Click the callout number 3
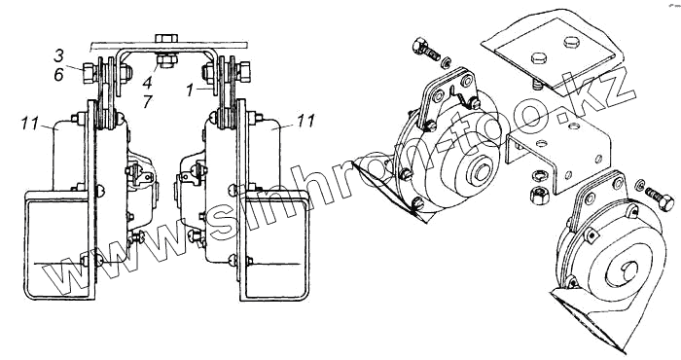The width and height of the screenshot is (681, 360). pos(58,55)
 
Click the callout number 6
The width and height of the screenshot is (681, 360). pos(58,75)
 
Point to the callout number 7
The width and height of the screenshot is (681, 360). pos(147,101)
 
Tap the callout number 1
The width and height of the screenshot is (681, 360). pos(190,90)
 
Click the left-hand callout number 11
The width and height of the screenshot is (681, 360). pos(30,124)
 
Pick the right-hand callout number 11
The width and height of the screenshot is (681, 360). pos(306,121)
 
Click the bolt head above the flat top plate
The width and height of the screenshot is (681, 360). pos(166,37)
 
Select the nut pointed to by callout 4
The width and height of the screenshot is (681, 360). pos(166,60)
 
